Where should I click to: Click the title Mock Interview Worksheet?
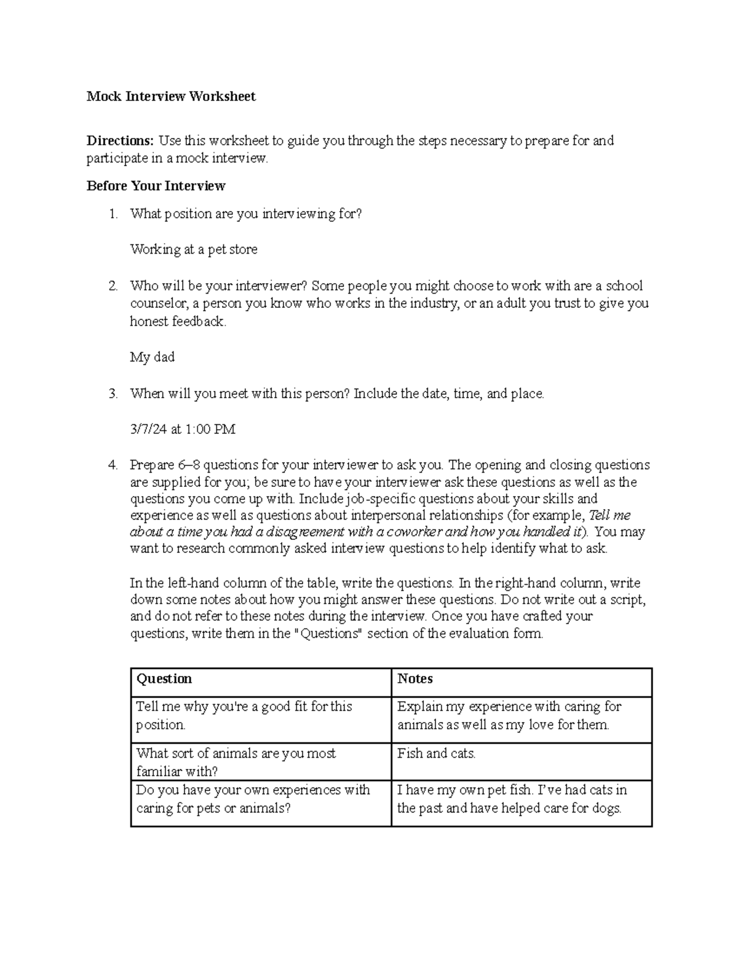pos(171,97)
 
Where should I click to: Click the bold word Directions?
pos(120,141)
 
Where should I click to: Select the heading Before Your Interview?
pos(156,186)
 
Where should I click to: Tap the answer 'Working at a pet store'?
pos(194,249)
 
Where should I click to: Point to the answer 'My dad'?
pos(152,357)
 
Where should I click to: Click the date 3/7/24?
pos(148,429)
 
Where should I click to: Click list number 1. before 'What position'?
pos(113,214)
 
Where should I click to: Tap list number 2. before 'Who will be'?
pos(113,286)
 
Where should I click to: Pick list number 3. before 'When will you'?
pos(113,394)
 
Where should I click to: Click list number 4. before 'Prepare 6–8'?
pos(113,465)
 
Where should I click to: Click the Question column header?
pos(164,678)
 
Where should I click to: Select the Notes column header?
pos(415,678)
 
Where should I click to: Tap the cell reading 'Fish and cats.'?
pos(437,753)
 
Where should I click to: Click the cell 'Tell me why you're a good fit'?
pos(244,715)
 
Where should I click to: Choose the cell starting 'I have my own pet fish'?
pos(512,798)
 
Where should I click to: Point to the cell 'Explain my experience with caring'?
pos(509,715)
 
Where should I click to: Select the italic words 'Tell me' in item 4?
pos(609,515)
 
